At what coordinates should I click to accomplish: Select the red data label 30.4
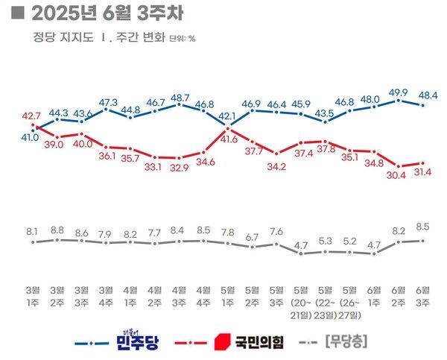click(399, 176)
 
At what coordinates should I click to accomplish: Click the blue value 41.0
click(30, 138)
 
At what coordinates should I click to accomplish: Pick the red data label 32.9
click(180, 168)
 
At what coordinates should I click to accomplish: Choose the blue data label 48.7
click(180, 98)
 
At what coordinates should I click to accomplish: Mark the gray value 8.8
click(57, 230)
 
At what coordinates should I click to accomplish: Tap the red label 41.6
click(229, 139)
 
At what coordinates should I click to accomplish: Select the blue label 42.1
click(227, 116)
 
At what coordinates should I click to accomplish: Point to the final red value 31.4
click(426, 173)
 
